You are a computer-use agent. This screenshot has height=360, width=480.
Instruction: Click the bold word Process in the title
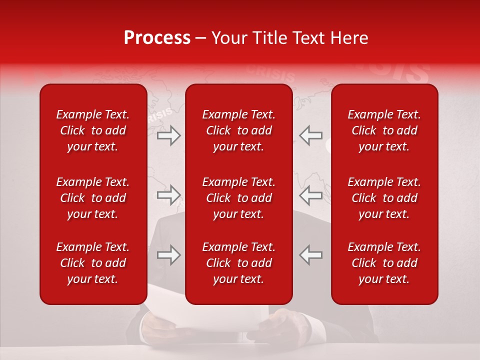tap(157, 38)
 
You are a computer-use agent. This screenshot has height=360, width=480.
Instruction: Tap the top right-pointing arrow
tap(169, 135)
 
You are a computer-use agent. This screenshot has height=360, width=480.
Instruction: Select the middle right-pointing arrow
tap(169, 195)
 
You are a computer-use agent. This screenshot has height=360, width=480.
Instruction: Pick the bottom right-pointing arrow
tap(169, 255)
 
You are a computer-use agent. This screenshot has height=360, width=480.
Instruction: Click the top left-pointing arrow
tap(311, 135)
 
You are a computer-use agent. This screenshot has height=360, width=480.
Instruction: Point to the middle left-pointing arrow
tap(311, 195)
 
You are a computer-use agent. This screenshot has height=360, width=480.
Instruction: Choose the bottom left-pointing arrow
tap(311, 255)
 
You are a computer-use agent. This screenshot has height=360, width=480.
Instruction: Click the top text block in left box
tap(93, 130)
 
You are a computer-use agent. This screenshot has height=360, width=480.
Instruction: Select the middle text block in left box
tap(93, 198)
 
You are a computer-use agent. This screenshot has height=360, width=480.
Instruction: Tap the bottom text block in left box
tap(93, 263)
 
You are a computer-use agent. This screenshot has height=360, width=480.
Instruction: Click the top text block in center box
tap(239, 130)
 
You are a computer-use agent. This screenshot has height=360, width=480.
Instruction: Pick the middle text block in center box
tap(239, 198)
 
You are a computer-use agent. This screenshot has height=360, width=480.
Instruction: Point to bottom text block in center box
tap(239, 263)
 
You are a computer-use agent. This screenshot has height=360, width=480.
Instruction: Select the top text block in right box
tap(384, 130)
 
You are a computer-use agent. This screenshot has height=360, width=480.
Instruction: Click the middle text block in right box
tap(384, 198)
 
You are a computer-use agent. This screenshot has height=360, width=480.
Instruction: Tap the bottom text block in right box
tap(384, 263)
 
